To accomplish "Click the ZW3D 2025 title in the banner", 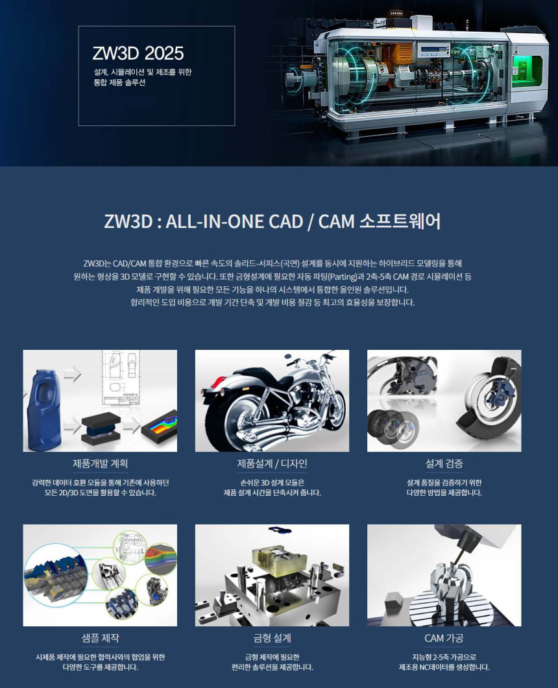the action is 138,53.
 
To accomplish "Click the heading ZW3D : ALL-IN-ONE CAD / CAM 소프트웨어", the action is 272,221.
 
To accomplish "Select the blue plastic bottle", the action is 43,410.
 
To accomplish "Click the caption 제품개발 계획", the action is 100,463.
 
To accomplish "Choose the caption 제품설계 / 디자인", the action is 272,463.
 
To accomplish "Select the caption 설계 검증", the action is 444,463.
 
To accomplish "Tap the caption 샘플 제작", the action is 100,638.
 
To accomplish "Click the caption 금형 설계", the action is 272,638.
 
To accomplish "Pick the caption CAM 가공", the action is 444,638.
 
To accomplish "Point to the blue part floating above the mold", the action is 280,531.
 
